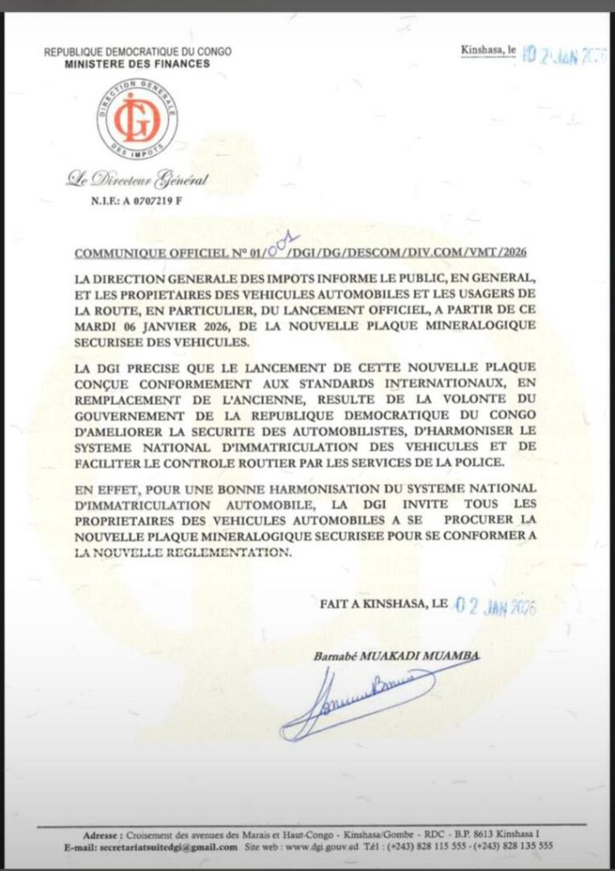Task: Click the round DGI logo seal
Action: click(x=137, y=118)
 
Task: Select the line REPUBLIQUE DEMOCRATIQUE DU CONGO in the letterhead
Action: click(x=139, y=53)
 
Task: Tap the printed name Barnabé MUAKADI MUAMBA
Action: click(x=393, y=655)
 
